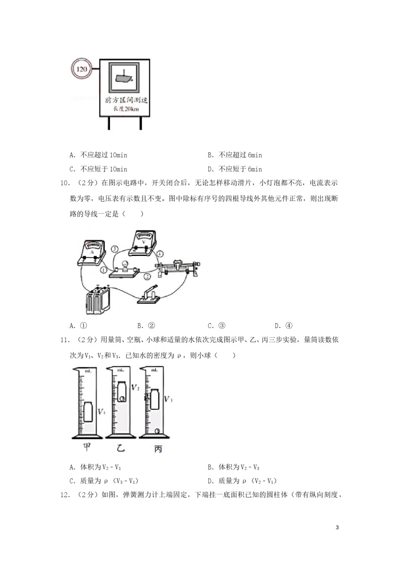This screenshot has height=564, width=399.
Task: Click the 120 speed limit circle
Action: [x=82, y=68]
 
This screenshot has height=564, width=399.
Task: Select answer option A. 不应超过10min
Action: [x=99, y=155]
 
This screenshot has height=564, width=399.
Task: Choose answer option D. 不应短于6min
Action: [x=235, y=169]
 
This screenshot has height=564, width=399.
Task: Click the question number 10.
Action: [x=65, y=183]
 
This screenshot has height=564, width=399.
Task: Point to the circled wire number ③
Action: [x=115, y=248]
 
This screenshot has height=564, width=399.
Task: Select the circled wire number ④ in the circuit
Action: [x=160, y=254]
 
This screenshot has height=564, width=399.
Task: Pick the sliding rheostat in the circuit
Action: [x=178, y=268]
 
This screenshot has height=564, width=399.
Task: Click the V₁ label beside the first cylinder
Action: [x=101, y=412]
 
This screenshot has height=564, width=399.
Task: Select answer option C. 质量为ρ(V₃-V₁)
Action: [x=104, y=481]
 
